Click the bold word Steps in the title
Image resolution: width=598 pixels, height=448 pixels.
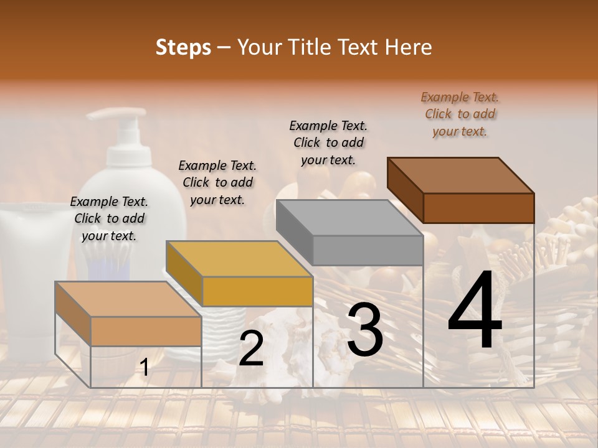click(183, 47)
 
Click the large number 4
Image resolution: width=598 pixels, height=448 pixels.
click(475, 311)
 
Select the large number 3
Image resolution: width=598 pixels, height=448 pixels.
click(365, 329)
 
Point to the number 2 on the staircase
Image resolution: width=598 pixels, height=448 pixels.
click(251, 349)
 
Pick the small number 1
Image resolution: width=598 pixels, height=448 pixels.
click(144, 368)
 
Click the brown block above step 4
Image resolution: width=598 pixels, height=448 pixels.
click(478, 208)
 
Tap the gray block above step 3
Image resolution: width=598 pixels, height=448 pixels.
click(368, 250)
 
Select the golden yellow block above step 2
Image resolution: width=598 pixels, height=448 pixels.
click(257, 291)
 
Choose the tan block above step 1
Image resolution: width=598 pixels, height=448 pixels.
click(146, 331)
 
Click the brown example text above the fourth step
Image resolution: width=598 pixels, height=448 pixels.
click(460, 114)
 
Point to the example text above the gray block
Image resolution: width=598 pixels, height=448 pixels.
click(328, 142)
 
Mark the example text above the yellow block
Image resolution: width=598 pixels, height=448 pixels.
click(217, 182)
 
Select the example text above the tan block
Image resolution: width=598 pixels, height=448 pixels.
click(109, 218)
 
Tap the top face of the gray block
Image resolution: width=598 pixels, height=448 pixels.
click(349, 218)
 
